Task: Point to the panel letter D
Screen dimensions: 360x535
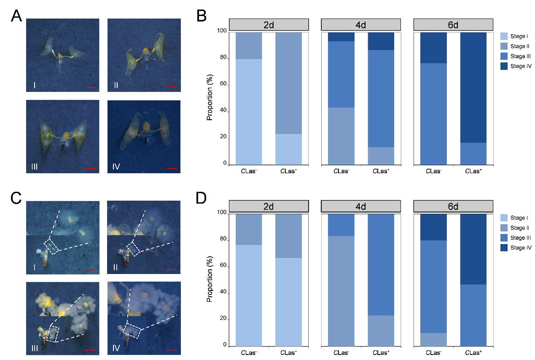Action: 202,198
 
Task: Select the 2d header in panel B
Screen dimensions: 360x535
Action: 269,24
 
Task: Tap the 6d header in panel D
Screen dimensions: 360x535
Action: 453,207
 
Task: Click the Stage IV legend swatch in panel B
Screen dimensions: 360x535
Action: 504,67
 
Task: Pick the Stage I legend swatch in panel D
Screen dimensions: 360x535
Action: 504,218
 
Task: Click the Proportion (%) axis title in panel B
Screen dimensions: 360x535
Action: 210,98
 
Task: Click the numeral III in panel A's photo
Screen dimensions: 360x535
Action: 35,167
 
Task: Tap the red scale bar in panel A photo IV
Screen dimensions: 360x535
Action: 172,168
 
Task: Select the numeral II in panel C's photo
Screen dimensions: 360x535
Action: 116,267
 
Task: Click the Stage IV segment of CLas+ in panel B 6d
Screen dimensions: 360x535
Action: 473,88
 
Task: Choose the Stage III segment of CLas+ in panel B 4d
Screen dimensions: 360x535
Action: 381,99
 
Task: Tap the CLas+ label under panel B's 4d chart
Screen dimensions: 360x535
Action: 381,172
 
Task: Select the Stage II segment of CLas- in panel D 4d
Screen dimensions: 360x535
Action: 341,291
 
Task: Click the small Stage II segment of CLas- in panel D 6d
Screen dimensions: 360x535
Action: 433,339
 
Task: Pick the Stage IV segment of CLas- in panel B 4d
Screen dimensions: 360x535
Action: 341,37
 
